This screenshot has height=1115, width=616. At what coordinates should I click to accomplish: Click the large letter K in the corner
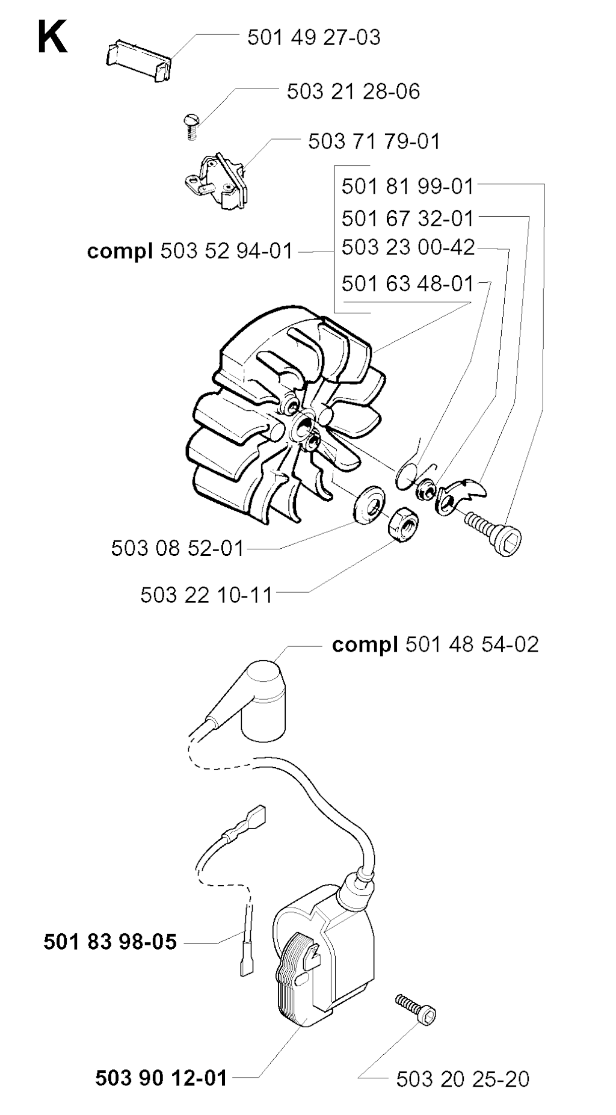52,37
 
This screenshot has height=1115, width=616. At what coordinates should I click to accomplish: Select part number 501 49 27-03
314,37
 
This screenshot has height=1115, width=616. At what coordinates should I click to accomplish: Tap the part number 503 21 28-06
353,91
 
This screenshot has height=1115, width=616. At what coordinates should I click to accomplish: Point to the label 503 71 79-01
374,141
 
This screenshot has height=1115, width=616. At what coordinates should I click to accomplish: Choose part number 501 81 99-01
408,187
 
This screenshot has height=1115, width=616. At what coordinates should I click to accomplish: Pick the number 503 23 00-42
408,247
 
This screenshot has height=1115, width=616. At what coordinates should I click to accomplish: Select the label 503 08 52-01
177,548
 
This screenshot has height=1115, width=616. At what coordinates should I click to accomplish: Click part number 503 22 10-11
206,595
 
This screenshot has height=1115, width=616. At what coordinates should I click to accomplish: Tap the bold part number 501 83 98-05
110,942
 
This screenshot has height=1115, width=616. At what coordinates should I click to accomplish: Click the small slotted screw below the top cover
191,127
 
